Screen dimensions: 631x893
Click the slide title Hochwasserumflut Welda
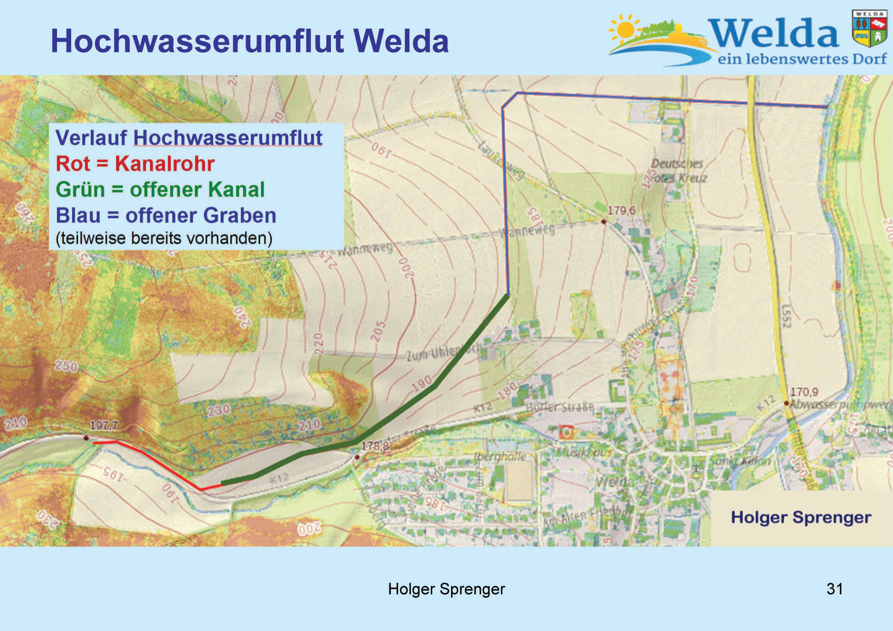coord(249,41)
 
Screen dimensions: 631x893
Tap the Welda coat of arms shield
coord(870,29)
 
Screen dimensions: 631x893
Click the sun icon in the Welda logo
coord(625,30)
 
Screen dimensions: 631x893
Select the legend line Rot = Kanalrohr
coord(135,164)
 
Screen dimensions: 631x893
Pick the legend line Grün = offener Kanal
coord(160,190)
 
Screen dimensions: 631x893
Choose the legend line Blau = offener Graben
coord(166,216)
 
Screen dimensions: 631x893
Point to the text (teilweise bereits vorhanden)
coord(164,238)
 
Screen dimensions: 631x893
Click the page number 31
coord(834,589)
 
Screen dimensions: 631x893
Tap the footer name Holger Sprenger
coord(446,589)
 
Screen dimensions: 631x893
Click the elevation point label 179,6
coord(621,210)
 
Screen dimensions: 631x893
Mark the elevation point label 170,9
coord(804,392)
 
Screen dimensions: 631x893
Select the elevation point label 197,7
coord(104,425)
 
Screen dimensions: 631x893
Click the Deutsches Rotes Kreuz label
coord(679,171)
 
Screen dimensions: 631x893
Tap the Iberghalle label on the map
coord(499,456)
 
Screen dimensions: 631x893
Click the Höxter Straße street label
coord(560,407)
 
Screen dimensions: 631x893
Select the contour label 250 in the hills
coord(66,366)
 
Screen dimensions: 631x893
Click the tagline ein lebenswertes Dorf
coord(802,60)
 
